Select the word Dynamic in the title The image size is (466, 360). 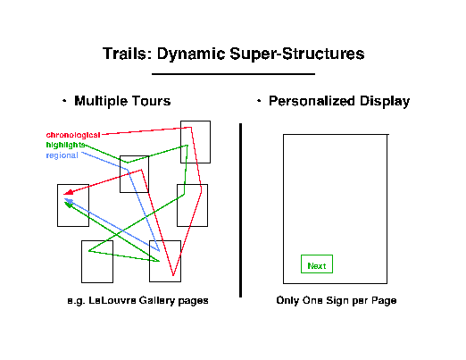click(x=191, y=54)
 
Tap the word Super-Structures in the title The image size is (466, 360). click(x=297, y=54)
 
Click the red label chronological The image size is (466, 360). click(x=73, y=135)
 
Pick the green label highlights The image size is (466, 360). click(x=66, y=145)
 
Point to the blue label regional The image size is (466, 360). click(x=62, y=155)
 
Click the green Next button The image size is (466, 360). click(x=317, y=264)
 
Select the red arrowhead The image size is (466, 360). click(x=68, y=192)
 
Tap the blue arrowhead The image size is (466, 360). click(x=69, y=200)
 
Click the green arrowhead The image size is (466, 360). click(x=69, y=205)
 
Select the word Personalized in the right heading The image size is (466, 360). click(x=312, y=101)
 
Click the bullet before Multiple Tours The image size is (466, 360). click(x=64, y=101)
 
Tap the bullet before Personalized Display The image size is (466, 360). click(x=259, y=101)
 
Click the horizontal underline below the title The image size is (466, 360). click(x=233, y=74)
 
